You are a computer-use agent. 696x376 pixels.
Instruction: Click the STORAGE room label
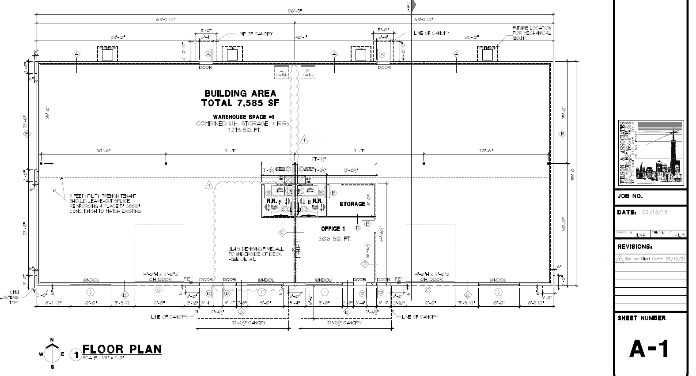point(352,204)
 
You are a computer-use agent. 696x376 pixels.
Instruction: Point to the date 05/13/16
point(654,212)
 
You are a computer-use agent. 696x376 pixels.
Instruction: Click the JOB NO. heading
point(630,196)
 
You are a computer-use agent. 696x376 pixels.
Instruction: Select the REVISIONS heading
point(635,247)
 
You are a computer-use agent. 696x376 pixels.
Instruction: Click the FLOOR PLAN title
point(121,349)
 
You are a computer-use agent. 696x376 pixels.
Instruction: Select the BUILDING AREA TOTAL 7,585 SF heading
point(240,98)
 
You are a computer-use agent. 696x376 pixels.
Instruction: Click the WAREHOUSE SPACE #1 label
point(243,117)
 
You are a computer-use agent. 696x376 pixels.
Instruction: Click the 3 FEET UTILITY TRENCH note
point(105,203)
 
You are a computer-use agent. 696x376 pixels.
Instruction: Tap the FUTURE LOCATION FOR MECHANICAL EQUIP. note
point(532,33)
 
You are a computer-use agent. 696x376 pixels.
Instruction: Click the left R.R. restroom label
point(271,201)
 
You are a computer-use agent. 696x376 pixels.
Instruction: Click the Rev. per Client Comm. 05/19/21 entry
point(655,259)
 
